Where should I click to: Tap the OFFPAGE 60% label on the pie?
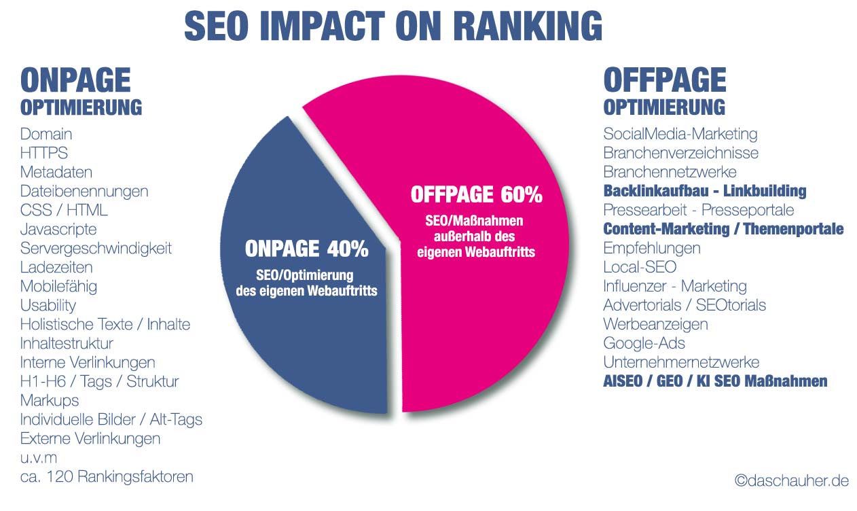coord(476,195)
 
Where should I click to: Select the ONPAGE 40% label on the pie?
coord(306,249)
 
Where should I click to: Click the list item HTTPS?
coord(44,154)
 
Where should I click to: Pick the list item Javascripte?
coord(58,230)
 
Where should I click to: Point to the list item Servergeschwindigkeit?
coord(96,249)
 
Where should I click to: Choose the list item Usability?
coord(48,306)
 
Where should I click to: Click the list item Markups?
coord(50,401)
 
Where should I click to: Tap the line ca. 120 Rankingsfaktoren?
coord(107,477)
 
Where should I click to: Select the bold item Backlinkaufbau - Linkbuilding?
coord(704,191)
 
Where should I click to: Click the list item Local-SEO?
coord(640,267)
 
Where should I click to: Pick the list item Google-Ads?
coord(644,343)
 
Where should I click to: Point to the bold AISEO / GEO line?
coord(715,381)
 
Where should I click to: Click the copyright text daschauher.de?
coord(791,481)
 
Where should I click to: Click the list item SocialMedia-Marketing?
coord(680,135)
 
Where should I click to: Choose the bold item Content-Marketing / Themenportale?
coord(723,229)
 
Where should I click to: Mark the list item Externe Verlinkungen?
coord(90,439)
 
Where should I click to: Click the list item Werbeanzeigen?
coord(655,324)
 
